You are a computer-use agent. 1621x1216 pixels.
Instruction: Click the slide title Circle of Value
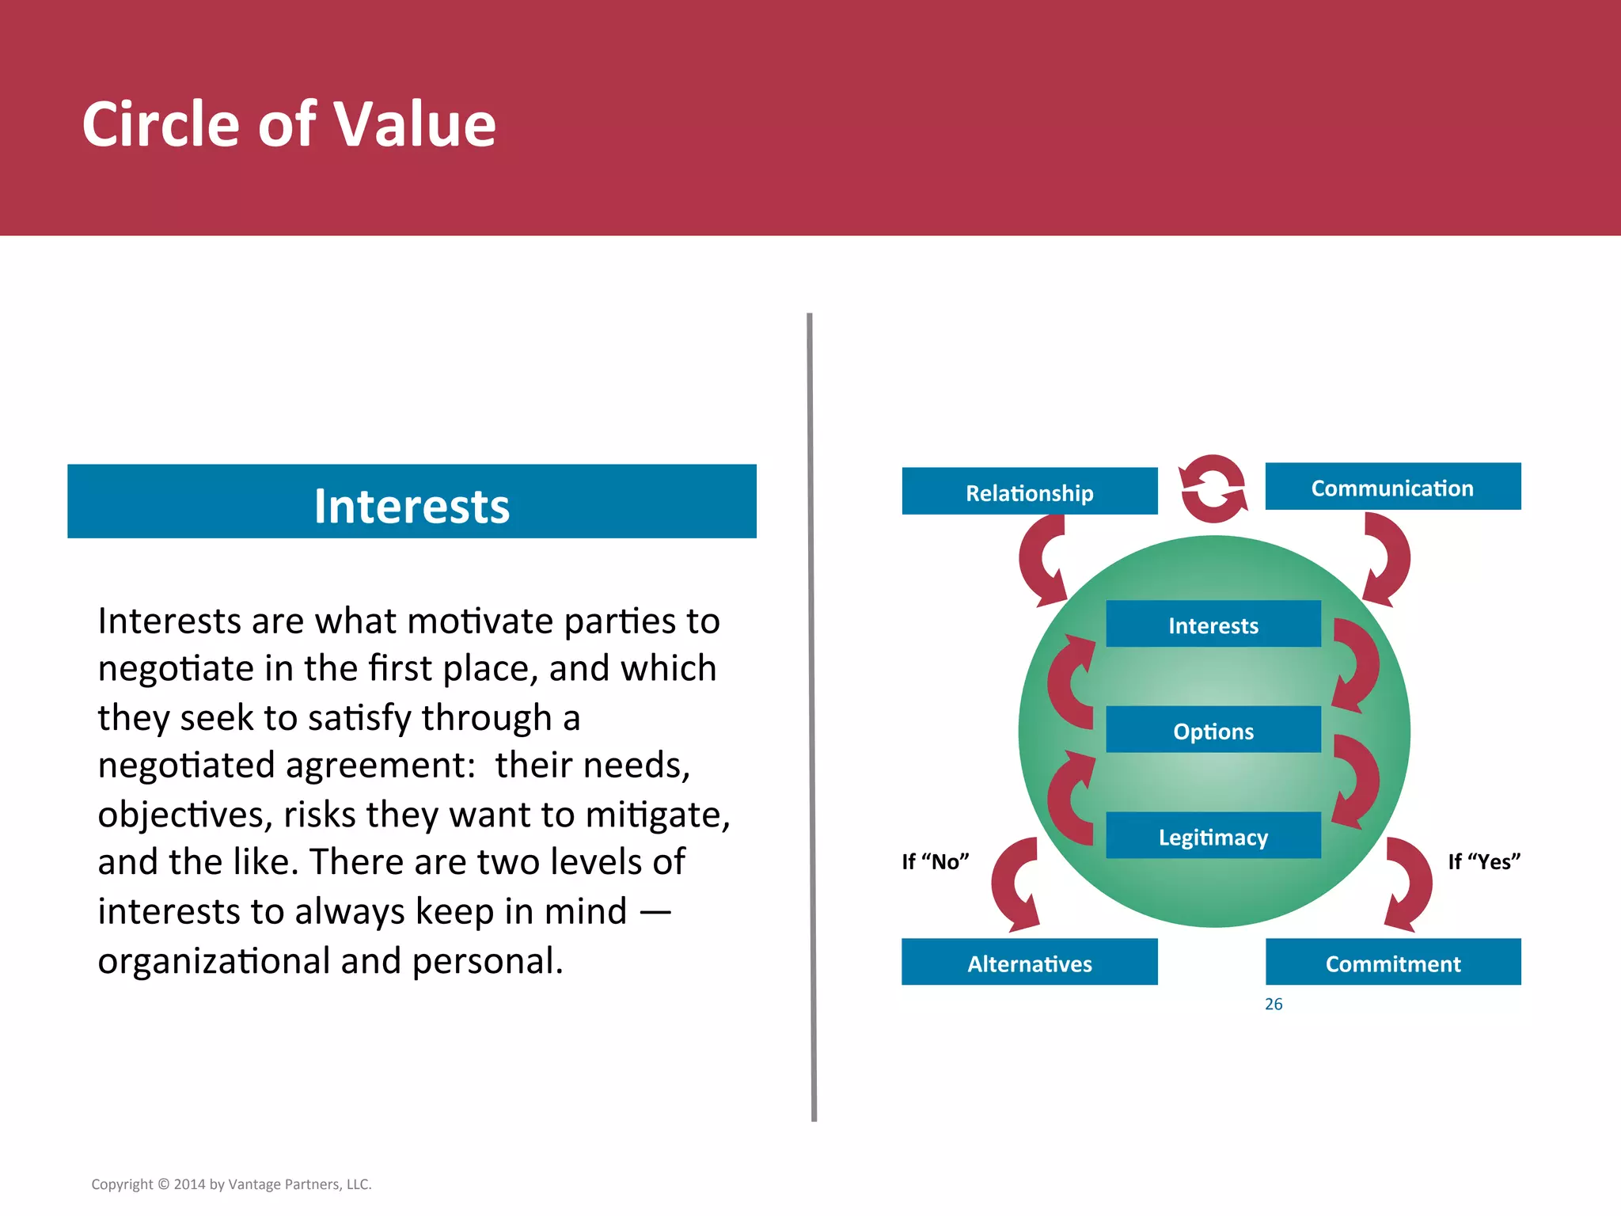(x=289, y=124)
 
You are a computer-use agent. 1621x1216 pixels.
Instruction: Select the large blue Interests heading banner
(x=412, y=502)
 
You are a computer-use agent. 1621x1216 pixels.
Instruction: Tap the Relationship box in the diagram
(x=1029, y=492)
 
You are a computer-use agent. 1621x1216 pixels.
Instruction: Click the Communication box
(x=1392, y=487)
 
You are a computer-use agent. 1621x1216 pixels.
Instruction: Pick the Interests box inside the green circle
(x=1213, y=625)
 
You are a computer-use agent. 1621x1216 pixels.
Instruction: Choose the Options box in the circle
(x=1213, y=730)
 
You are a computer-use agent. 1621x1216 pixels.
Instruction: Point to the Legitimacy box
(x=1213, y=836)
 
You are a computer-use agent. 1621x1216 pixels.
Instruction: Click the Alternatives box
(x=1029, y=962)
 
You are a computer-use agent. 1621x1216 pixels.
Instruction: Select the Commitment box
(x=1392, y=962)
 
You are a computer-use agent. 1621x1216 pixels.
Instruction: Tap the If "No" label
(x=935, y=861)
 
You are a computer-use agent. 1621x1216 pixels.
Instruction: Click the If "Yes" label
(x=1483, y=861)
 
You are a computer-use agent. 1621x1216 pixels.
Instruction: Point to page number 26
(x=1273, y=1004)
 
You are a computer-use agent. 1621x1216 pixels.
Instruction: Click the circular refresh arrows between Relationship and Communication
(x=1213, y=488)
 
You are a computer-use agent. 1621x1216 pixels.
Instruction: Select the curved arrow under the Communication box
(x=1389, y=558)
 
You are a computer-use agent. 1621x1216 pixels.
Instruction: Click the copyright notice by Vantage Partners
(x=231, y=1184)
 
